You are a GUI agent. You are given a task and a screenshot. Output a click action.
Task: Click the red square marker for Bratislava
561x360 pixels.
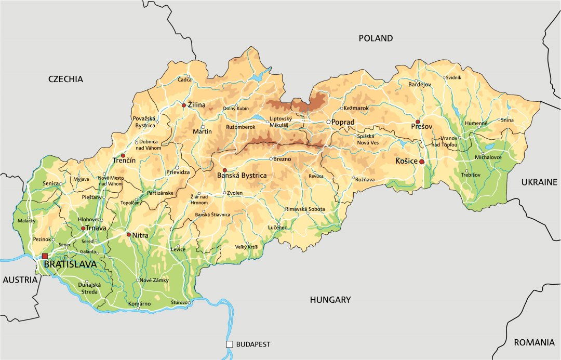point(45,256)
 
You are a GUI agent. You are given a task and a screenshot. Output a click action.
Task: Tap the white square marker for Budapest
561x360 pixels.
point(229,344)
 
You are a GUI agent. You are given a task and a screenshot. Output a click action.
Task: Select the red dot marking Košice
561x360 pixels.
point(422,162)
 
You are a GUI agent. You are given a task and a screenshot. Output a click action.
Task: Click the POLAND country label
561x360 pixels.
point(376,38)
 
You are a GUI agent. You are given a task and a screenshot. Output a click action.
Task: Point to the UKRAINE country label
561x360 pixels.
point(539,182)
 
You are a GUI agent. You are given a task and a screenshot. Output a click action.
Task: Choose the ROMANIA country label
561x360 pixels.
point(534,342)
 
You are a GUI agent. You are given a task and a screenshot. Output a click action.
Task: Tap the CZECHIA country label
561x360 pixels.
point(65,79)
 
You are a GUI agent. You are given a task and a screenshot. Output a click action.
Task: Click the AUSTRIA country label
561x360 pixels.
point(21,279)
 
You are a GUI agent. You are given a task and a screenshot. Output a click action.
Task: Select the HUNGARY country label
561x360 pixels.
point(330,300)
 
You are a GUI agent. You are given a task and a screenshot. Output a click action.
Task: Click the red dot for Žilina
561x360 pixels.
point(183,105)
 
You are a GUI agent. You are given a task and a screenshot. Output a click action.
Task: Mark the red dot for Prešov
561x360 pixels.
point(418,122)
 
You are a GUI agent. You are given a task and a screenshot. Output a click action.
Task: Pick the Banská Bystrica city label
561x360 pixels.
point(242,176)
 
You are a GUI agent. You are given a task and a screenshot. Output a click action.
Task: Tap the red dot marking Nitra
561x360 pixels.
point(129,234)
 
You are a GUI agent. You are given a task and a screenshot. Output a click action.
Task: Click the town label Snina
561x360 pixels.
point(508,119)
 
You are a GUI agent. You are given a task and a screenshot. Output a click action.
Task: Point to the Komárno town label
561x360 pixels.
point(139,303)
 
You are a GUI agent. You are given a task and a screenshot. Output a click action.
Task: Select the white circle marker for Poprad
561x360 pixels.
point(328,122)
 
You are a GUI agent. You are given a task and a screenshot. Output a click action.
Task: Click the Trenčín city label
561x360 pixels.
point(124,161)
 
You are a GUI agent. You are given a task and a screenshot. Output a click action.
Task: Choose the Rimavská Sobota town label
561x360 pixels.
point(305,209)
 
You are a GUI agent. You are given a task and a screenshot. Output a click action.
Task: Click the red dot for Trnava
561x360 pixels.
point(83,228)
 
